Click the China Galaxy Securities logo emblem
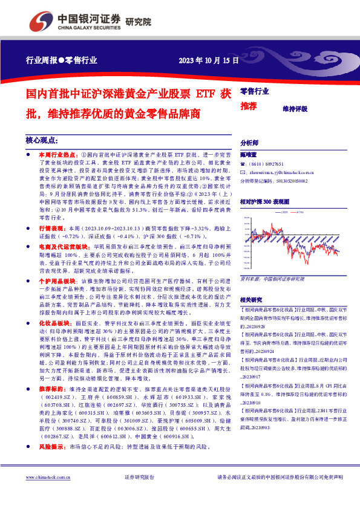(x=40, y=20)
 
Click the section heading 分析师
(x=249, y=143)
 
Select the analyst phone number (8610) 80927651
(x=272, y=164)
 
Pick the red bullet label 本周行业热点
(x=59, y=155)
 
